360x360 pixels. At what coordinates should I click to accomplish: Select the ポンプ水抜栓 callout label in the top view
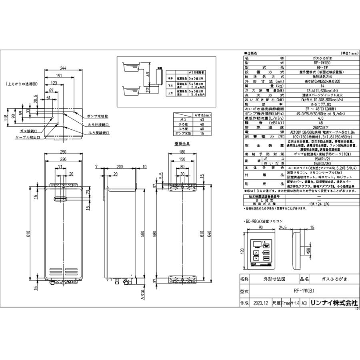[98, 116]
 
